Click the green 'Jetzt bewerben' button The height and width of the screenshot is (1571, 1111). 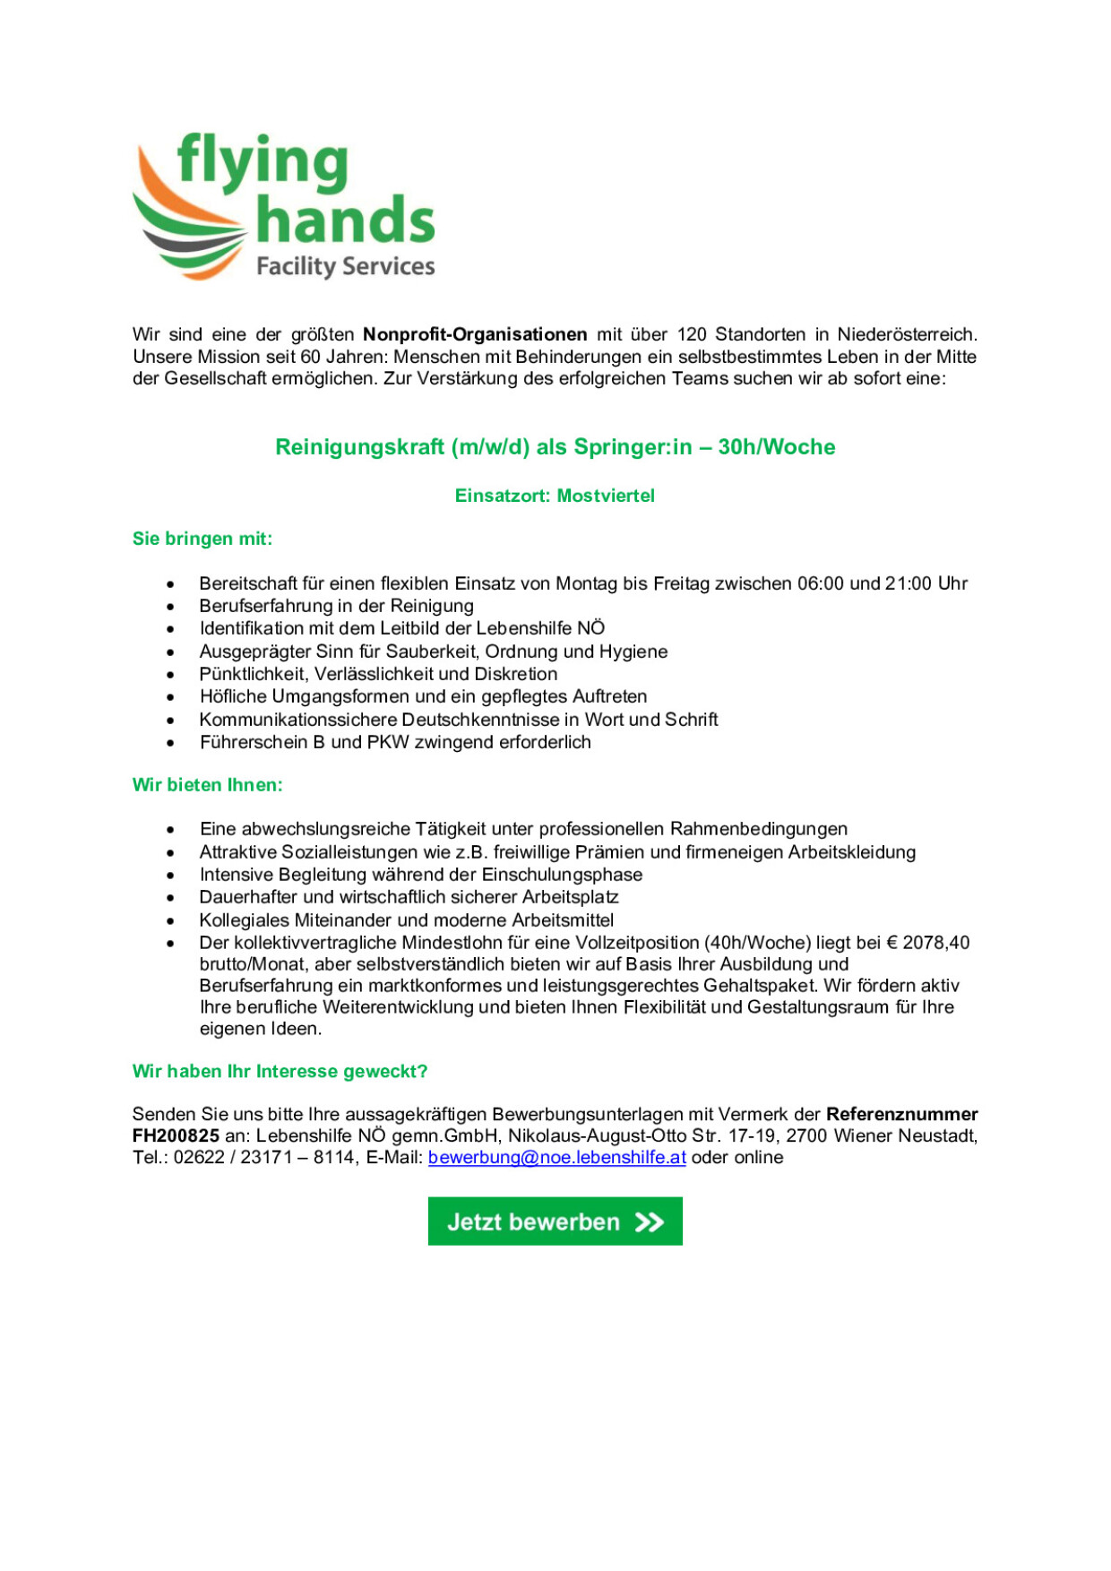[x=555, y=1221]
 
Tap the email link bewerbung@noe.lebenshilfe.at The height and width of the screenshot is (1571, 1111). [x=556, y=1157]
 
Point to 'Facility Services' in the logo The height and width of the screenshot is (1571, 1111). [x=345, y=266]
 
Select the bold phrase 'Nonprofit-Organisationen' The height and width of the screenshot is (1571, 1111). [x=475, y=334]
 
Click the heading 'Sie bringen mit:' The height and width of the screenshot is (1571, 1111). [x=202, y=539]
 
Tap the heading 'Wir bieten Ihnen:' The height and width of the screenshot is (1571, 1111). [x=207, y=785]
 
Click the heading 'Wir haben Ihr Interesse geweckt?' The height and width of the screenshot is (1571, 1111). [x=280, y=1071]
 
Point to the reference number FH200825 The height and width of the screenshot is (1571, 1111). [x=176, y=1135]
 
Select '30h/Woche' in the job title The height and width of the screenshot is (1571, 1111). [x=776, y=446]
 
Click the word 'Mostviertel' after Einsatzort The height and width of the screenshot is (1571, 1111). [x=606, y=496]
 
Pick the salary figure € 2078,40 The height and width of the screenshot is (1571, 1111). [x=928, y=943]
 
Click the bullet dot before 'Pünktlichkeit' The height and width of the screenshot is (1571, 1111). [x=170, y=675]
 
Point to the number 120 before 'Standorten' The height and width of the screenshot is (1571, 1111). [x=692, y=334]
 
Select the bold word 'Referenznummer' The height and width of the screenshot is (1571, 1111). [x=901, y=1114]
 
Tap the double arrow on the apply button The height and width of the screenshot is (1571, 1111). [x=650, y=1221]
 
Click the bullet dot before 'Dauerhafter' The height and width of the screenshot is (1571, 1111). [x=170, y=898]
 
